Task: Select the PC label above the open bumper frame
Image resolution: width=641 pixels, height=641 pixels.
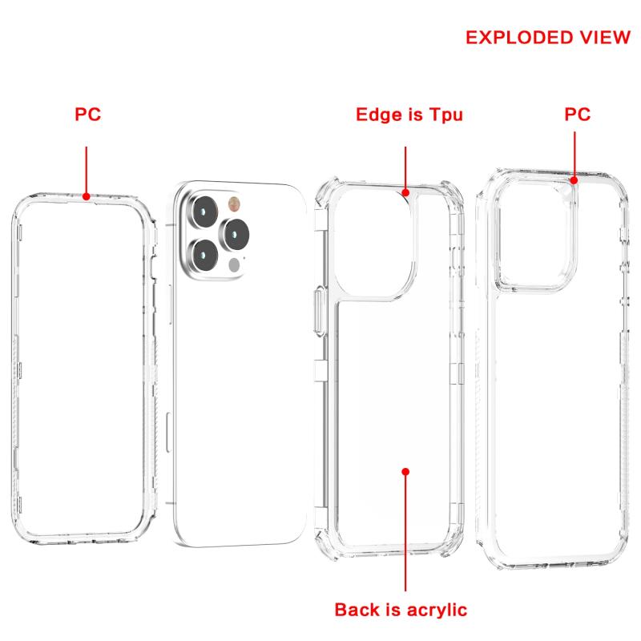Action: click(x=87, y=114)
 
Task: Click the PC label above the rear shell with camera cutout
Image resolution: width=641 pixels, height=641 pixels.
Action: click(x=577, y=114)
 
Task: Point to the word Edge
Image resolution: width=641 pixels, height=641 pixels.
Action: click(x=378, y=115)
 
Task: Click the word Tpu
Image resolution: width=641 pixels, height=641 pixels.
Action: click(x=445, y=115)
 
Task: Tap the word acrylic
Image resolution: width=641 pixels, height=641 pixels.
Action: click(x=437, y=610)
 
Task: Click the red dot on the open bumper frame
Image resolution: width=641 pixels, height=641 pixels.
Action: click(x=87, y=196)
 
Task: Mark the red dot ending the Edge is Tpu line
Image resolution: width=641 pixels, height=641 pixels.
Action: click(x=405, y=192)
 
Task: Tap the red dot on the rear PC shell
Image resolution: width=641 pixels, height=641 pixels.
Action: click(x=574, y=180)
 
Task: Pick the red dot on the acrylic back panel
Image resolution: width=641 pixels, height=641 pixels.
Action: click(x=405, y=472)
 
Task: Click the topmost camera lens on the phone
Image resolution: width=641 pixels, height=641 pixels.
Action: click(x=204, y=212)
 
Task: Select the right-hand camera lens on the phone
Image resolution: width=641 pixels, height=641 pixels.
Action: click(x=235, y=234)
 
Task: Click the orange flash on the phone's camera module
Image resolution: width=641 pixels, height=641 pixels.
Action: click(x=234, y=204)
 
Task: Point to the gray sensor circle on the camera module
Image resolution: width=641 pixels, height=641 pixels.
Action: click(x=234, y=265)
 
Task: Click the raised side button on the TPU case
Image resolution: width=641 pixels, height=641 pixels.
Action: click(x=320, y=312)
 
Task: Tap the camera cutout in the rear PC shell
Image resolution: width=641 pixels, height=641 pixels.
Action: click(x=536, y=235)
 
